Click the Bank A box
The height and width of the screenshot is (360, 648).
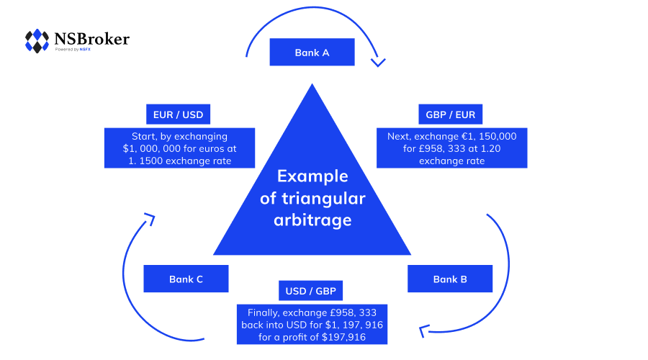pos(312,53)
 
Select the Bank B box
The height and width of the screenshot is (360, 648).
pos(450,279)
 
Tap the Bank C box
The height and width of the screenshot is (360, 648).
pos(186,279)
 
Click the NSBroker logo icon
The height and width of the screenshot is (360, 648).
pos(37,40)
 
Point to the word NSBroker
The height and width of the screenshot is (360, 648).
pos(91,38)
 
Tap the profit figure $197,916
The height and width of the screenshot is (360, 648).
pos(343,337)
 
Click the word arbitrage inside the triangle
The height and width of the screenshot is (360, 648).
pos(312,220)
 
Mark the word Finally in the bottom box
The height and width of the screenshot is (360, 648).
pos(266,313)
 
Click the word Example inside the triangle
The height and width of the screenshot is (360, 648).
pos(312,176)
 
